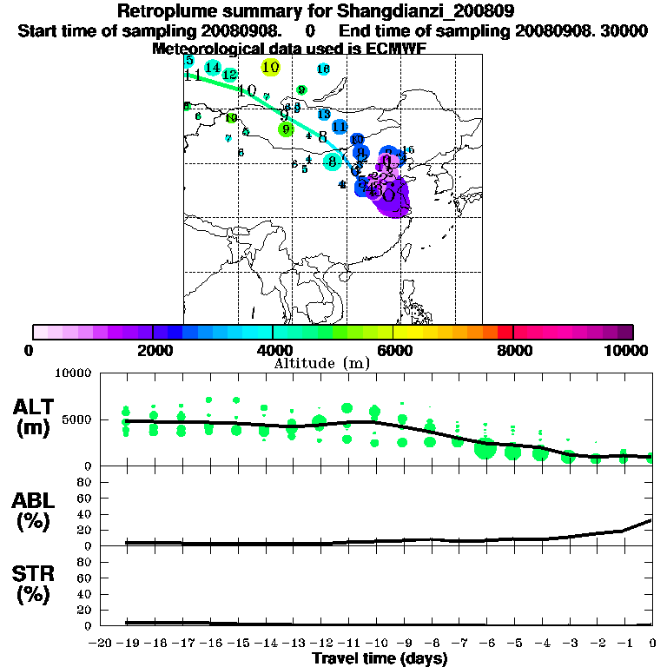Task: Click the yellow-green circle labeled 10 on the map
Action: [x=270, y=67]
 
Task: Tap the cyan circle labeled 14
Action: [x=213, y=67]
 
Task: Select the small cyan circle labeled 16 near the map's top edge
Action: [x=323, y=69]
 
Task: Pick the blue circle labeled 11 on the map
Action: [x=340, y=127]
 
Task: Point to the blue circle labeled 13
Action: [x=324, y=115]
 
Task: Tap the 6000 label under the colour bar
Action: [x=393, y=350]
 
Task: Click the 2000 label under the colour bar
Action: [x=152, y=350]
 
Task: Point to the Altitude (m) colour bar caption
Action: [x=322, y=362]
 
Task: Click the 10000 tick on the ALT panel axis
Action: [x=74, y=373]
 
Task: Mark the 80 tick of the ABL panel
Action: [x=86, y=482]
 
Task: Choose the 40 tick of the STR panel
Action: [x=86, y=594]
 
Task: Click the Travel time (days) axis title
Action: [x=380, y=658]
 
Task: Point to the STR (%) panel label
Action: [x=34, y=584]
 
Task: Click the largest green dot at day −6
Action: [x=485, y=449]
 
